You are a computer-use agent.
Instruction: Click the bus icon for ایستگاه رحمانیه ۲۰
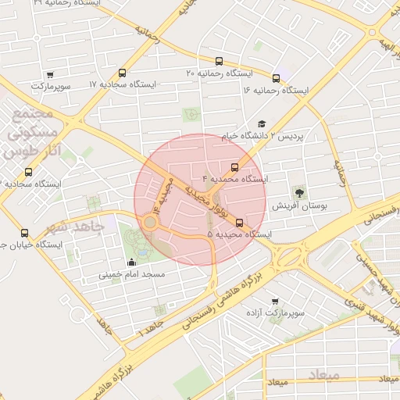218,61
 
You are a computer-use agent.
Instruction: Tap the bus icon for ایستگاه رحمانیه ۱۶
277,78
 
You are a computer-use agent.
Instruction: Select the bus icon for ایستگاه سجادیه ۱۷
122,73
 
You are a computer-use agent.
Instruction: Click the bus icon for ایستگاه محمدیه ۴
234,167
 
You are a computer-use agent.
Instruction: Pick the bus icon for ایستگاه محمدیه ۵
239,222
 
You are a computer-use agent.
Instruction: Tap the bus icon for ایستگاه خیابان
24,233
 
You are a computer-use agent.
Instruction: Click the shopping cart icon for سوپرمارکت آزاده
274,301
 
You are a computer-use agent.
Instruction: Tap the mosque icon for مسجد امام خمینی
130,262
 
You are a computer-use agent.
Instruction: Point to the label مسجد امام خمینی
131,276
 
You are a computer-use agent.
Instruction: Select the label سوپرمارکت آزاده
274,313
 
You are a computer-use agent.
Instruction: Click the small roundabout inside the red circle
149,223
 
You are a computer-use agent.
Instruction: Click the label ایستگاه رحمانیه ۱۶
275,91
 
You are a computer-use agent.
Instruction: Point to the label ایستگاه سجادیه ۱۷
123,84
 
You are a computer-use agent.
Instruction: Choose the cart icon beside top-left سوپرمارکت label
50,75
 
